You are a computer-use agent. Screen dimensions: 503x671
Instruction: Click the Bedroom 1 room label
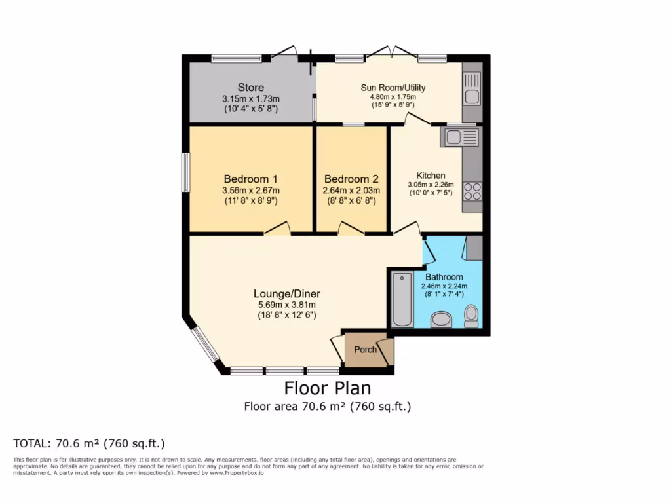(x=251, y=179)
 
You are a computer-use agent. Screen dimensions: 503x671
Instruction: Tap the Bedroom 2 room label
(x=351, y=179)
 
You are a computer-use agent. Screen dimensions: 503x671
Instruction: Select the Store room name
(x=251, y=87)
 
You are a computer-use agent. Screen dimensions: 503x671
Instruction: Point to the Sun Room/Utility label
(x=393, y=88)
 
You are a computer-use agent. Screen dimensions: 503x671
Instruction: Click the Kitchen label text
(x=431, y=176)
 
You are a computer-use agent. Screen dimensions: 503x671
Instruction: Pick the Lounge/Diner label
(x=287, y=293)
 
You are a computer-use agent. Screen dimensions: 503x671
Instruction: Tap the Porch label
(x=366, y=349)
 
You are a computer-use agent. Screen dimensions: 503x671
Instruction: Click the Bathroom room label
(x=444, y=277)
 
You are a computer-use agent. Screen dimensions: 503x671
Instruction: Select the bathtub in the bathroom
(x=400, y=299)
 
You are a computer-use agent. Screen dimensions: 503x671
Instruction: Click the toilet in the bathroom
(x=470, y=316)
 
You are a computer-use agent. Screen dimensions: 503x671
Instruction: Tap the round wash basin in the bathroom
(x=442, y=320)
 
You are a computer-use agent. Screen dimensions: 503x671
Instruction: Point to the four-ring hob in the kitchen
(x=472, y=191)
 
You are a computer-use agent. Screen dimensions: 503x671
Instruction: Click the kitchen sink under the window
(x=461, y=137)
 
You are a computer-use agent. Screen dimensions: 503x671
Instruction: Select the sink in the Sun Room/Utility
(x=471, y=88)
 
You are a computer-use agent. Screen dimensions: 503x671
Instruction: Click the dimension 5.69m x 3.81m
(x=287, y=305)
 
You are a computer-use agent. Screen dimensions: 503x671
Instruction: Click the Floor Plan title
(x=327, y=388)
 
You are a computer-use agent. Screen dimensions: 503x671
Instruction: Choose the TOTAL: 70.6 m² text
(x=89, y=443)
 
